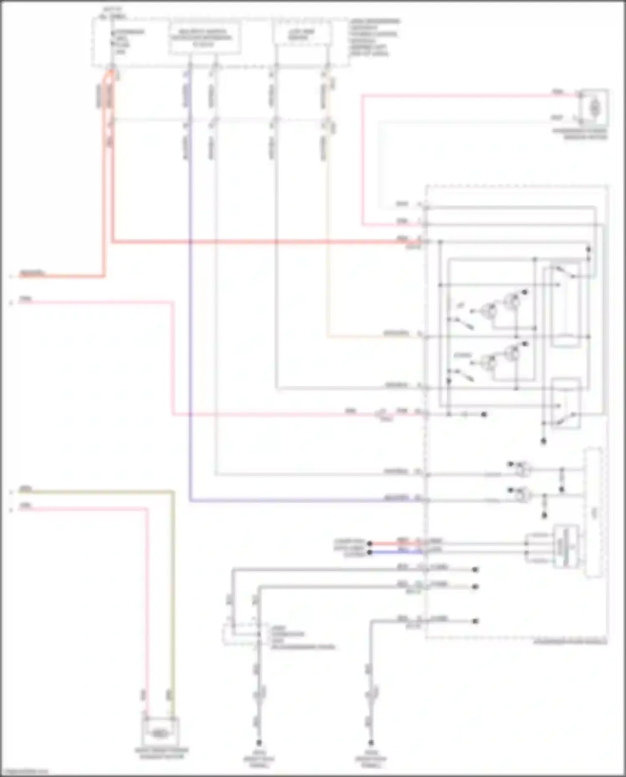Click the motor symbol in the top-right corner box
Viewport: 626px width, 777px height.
(x=594, y=108)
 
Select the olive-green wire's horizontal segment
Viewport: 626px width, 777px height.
(x=96, y=492)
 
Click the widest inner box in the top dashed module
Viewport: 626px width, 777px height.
(x=205, y=38)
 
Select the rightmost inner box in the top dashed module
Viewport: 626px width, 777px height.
(x=302, y=34)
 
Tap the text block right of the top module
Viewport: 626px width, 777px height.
(x=374, y=38)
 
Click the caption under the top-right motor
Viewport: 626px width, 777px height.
(x=580, y=134)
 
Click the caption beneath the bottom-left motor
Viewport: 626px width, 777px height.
(x=162, y=753)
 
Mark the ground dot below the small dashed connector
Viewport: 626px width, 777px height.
(x=258, y=743)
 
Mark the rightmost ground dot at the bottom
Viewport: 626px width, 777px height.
(x=371, y=743)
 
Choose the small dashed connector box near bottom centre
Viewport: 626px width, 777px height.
(x=240, y=634)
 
